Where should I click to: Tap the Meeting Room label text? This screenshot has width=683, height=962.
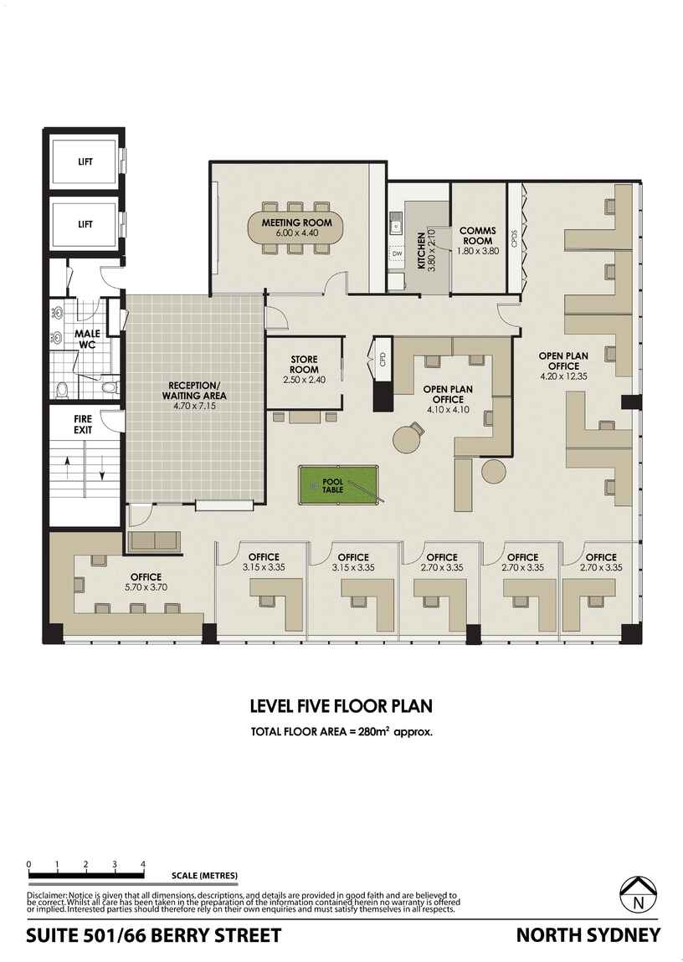296,223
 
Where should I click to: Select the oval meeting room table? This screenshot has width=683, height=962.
296,228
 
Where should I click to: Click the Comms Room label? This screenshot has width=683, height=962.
478,236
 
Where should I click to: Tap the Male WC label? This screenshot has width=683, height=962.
90,339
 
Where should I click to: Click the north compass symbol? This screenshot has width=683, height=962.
639,896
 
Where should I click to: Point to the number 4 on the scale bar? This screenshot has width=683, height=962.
143,864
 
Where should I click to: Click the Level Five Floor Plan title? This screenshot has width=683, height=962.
341,706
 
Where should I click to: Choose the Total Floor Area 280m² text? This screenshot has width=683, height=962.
341,731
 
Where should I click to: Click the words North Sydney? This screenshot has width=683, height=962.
588,935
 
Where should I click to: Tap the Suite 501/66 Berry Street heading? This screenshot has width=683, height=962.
153,935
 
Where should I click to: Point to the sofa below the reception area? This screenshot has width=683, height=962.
152,541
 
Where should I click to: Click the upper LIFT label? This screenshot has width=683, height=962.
85,162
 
